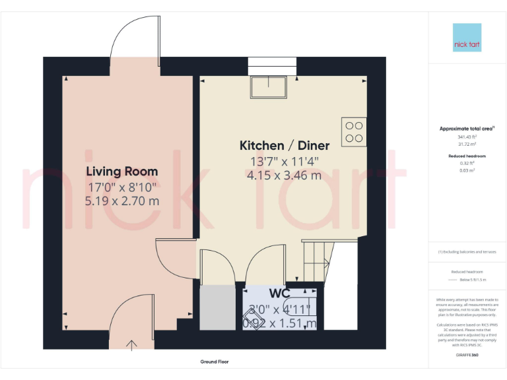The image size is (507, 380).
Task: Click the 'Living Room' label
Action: click(122, 172)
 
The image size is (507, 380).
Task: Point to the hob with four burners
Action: click(354, 131)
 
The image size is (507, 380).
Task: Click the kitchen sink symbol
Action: click(269, 87)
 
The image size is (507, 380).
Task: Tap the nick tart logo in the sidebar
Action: click(467, 38)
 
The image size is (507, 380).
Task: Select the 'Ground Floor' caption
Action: click(215, 362)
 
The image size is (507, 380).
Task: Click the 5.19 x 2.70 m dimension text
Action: click(122, 201)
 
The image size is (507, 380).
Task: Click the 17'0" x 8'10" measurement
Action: click(122, 187)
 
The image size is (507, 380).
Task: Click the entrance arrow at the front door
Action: click(131, 344)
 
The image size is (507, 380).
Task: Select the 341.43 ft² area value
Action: click(467, 137)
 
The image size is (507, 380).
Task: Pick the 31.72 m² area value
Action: click(467, 143)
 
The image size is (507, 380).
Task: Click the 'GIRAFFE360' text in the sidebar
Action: click(467, 356)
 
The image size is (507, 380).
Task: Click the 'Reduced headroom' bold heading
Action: click(467, 156)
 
